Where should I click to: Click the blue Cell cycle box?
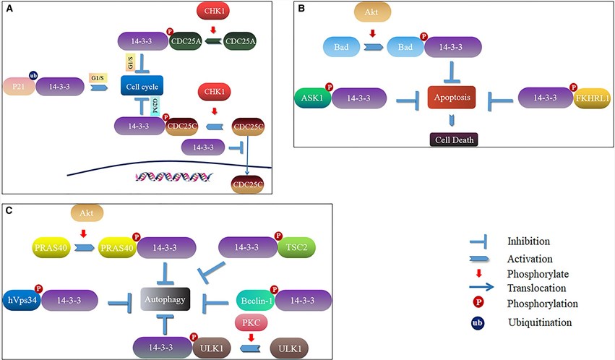145,88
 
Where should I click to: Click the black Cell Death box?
451,139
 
